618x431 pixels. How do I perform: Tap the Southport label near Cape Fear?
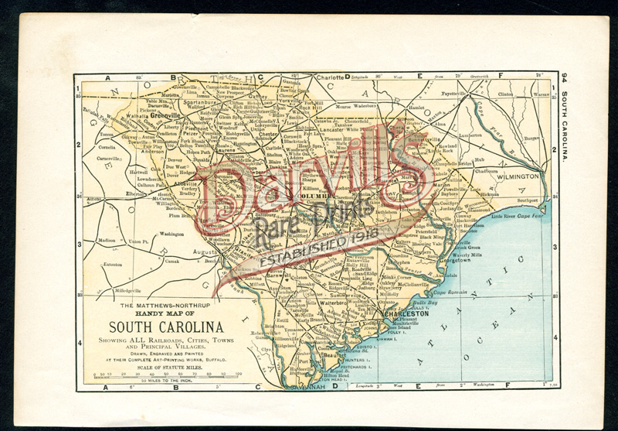pyautogui.click(x=528, y=200)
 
